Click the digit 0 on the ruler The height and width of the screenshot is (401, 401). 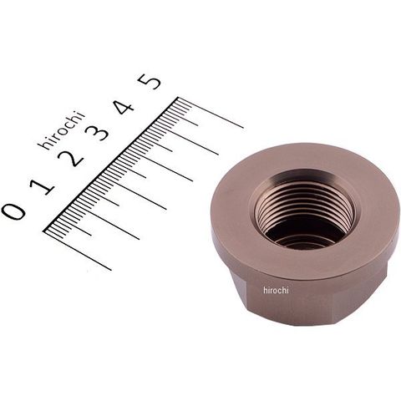coord(13,211)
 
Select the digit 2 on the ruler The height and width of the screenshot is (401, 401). coord(70,158)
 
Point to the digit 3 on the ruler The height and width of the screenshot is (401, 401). coord(97,132)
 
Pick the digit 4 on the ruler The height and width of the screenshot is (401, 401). coord(124,107)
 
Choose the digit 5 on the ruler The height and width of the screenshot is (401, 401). coord(150,81)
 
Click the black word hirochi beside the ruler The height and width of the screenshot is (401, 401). coord(61,130)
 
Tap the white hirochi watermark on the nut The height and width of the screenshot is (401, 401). coord(276,291)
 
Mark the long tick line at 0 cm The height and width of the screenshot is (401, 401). coord(78,250)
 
